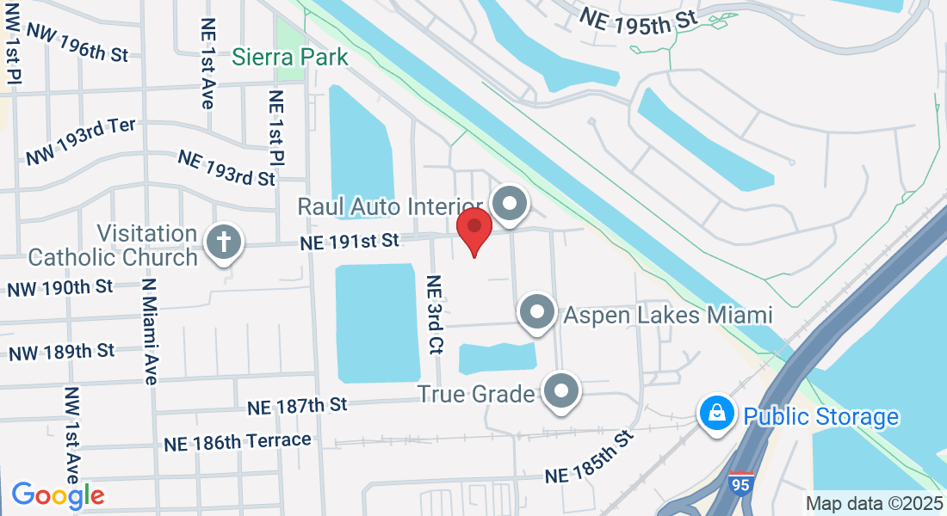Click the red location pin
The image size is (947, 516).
473,228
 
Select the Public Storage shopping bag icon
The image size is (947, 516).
716,415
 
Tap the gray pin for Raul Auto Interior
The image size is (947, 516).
510,205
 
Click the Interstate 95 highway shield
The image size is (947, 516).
740,482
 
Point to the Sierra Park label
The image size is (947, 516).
290,58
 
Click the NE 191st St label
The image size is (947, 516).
350,242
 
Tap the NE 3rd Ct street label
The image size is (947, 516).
435,315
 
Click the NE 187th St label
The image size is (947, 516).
297,404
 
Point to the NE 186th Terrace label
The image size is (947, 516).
238,441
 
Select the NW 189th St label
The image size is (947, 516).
61,352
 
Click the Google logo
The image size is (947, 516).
58,494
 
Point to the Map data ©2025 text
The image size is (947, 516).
875,503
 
